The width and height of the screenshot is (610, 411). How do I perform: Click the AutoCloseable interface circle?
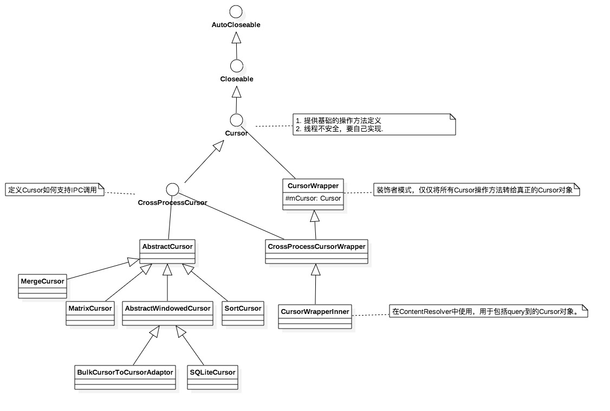pos(236,11)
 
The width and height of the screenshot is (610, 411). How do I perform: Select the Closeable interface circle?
pos(236,66)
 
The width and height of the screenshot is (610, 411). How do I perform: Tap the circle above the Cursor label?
pos(236,120)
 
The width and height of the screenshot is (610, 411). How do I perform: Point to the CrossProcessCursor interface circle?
pos(172,189)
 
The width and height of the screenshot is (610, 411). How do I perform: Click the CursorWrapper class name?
pos(313,186)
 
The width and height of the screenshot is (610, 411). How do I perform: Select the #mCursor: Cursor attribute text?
pos(313,198)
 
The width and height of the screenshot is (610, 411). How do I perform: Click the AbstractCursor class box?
pos(167,252)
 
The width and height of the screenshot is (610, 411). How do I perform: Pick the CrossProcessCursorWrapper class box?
pos(316,252)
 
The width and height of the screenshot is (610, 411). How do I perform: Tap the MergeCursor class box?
pos(42,286)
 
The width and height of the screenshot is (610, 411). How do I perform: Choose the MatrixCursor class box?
pos(90,313)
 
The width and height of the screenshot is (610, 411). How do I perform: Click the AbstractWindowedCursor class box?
pos(167,313)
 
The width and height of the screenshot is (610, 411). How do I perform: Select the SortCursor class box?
pos(243,313)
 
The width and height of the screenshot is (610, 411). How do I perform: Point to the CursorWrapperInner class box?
pos(315,317)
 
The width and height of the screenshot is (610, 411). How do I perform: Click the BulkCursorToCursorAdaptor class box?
pos(125,377)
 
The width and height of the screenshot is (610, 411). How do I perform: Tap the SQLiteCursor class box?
pos(212,377)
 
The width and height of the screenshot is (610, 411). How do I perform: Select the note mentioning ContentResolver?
pos(488,311)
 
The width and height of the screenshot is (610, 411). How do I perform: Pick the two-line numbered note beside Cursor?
pos(374,124)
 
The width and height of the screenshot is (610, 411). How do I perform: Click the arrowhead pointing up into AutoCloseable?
pos(236,37)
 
